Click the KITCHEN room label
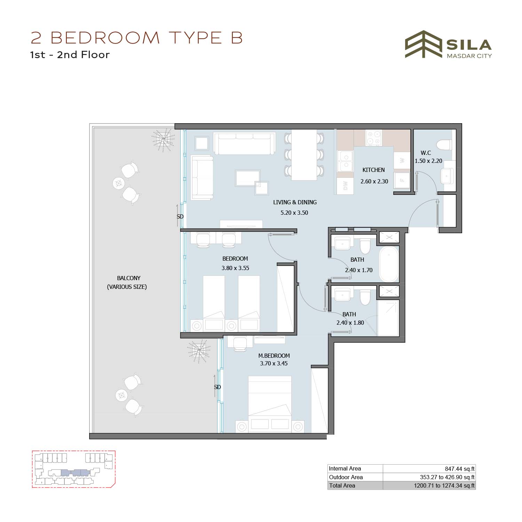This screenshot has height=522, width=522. (x=373, y=170)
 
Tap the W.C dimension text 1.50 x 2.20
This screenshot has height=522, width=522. (x=428, y=161)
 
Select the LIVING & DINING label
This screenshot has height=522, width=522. (x=295, y=202)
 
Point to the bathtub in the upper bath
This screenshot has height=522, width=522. (x=389, y=264)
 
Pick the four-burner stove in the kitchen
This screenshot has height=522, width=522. (x=374, y=138)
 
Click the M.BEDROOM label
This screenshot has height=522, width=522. (x=274, y=356)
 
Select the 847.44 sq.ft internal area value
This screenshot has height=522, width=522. (x=459, y=469)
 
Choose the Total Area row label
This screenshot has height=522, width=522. (x=342, y=485)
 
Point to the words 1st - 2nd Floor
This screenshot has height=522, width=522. (x=70, y=55)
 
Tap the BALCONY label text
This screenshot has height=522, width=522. (x=129, y=278)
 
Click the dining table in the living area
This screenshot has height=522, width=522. (x=304, y=155)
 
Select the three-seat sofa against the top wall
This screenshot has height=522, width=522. (x=244, y=143)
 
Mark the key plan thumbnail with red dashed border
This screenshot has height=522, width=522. (x=73, y=469)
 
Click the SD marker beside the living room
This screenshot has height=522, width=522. (x=180, y=216)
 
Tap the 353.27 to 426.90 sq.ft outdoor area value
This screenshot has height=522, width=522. (x=447, y=477)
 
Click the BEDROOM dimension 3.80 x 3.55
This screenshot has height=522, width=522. (x=235, y=268)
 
